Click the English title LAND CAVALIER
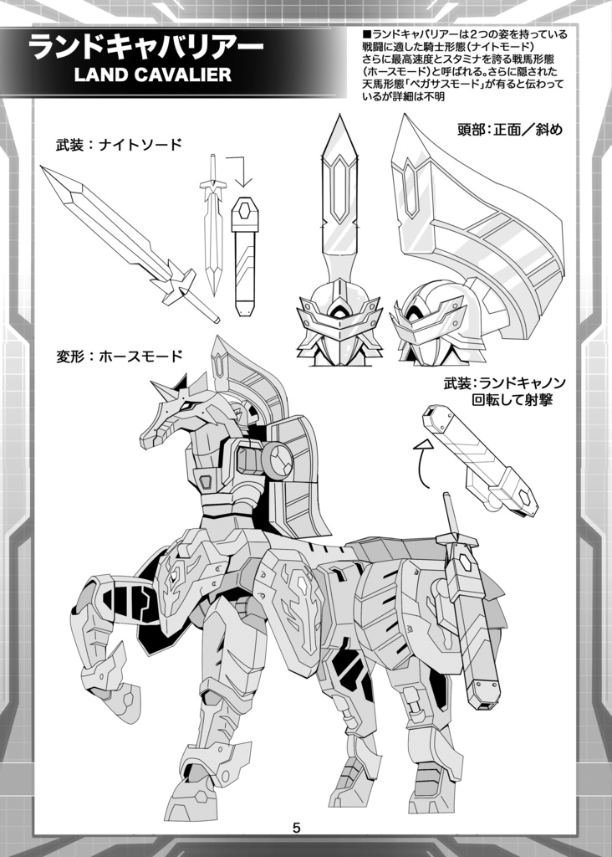(152, 75)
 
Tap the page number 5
(297, 829)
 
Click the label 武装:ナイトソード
(118, 145)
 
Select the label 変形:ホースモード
(118, 356)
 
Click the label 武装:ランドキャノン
(505, 383)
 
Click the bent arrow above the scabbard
(240, 170)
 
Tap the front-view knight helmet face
(339, 322)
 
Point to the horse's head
(180, 414)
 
